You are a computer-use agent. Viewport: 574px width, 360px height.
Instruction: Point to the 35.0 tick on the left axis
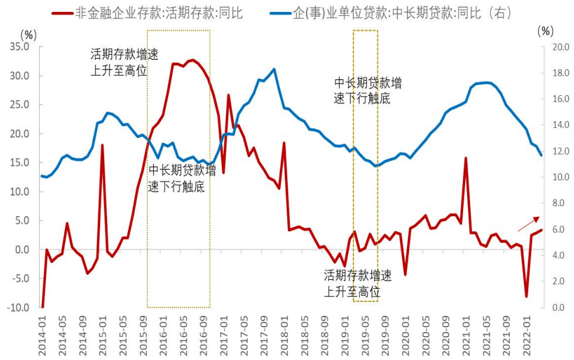pyautogui.click(x=20, y=47)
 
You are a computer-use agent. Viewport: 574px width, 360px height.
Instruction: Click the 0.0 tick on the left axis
pyautogui.click(x=22, y=250)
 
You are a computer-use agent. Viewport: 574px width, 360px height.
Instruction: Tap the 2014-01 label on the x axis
pyautogui.click(x=42, y=331)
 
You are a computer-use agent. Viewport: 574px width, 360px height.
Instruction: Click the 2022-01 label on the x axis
pyautogui.click(x=527, y=331)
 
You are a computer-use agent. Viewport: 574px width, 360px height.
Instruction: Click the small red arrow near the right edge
pyautogui.click(x=529, y=223)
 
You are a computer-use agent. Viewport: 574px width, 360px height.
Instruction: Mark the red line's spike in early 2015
pyautogui.click(x=102, y=145)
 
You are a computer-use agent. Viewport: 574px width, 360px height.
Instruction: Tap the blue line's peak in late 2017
pyautogui.click(x=273, y=69)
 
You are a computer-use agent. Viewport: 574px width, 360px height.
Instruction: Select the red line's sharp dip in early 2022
pyautogui.click(x=526, y=296)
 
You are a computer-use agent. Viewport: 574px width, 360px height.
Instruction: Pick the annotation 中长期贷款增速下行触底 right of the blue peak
pyautogui.click(x=368, y=91)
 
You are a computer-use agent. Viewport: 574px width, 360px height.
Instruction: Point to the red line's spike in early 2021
pyautogui.click(x=466, y=158)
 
